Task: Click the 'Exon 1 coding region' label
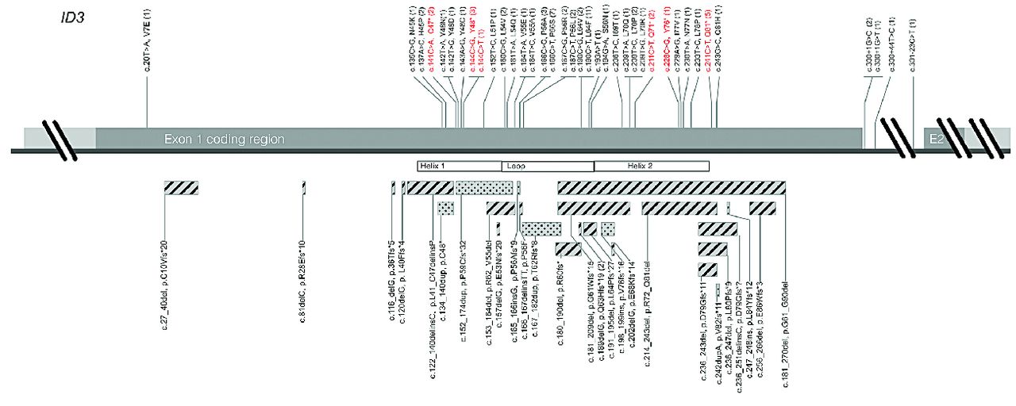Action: tap(224, 139)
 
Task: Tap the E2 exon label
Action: tap(938, 139)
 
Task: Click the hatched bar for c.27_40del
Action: tap(181, 188)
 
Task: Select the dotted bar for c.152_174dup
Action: tap(484, 188)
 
